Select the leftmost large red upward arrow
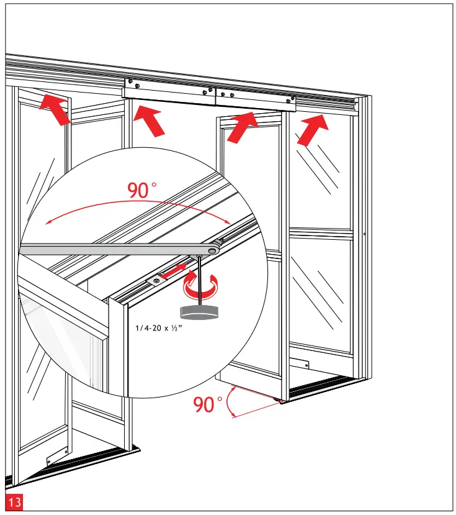[x=54, y=110]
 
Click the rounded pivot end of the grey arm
[x=212, y=250]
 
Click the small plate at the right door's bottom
[x=302, y=365]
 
